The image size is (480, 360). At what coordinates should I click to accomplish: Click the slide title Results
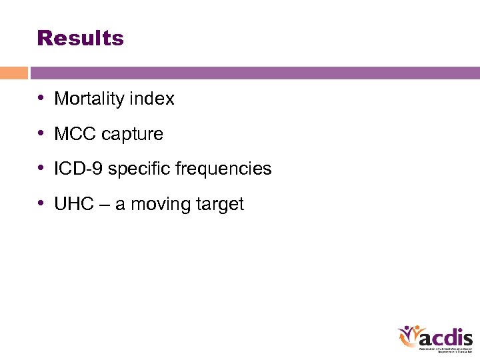click(81, 38)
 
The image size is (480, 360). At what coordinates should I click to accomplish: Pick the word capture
click(131, 135)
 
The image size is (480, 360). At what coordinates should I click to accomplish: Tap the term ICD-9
click(79, 169)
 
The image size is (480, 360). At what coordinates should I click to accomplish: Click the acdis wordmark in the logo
click(447, 336)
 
